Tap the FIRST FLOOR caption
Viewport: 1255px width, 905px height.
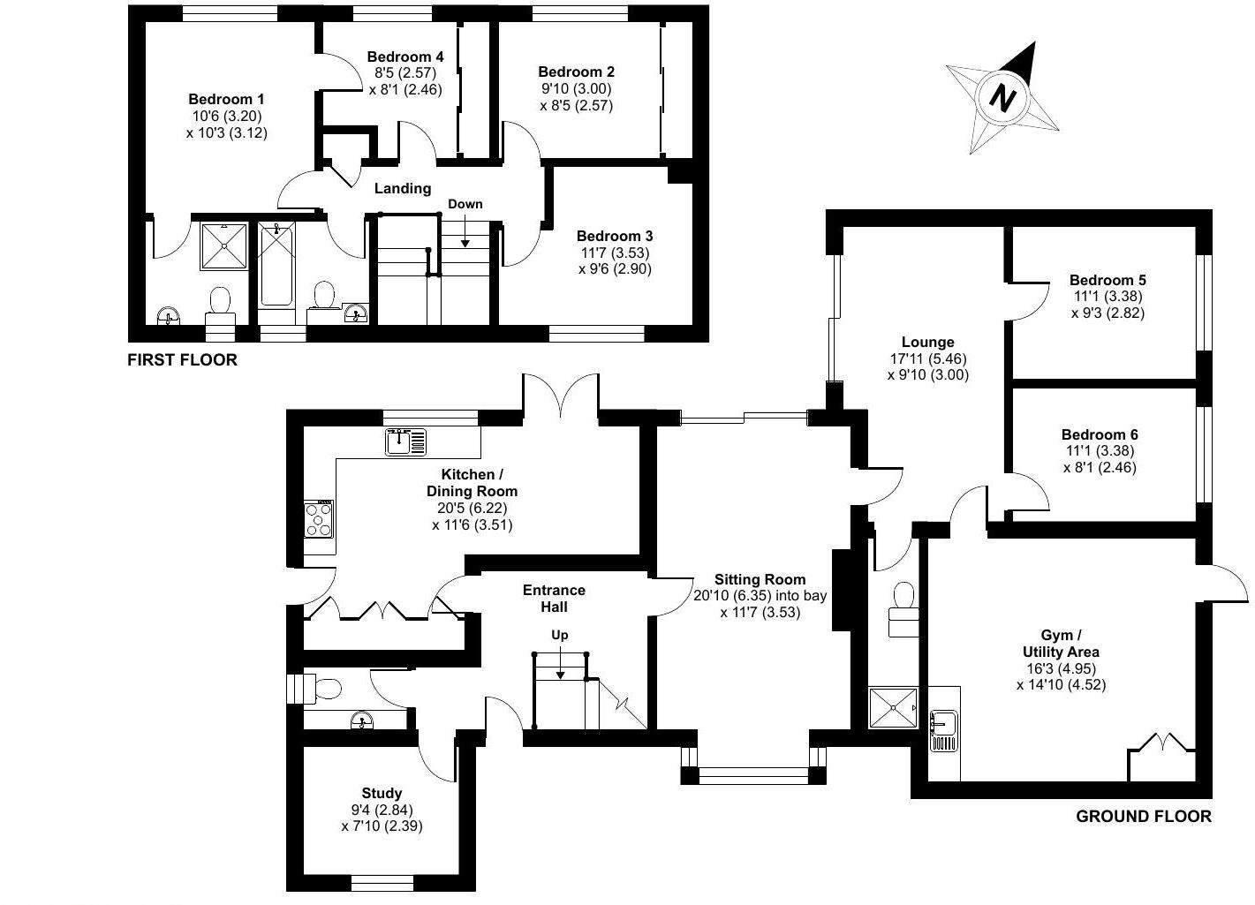coord(183,359)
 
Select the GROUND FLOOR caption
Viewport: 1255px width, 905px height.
coord(1143,817)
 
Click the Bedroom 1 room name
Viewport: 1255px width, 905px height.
coord(226,100)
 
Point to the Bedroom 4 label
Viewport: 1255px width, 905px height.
coord(405,57)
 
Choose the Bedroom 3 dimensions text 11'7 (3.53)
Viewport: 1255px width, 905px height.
coord(614,253)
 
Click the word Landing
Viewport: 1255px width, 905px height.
coord(403,188)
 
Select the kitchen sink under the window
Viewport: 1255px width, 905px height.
coord(405,441)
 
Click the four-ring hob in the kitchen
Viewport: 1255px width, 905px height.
coord(319,519)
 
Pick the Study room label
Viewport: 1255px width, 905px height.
coord(382,793)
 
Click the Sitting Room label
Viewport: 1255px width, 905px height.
coord(760,579)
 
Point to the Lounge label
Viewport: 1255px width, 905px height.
coord(927,342)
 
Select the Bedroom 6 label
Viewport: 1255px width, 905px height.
coord(1100,434)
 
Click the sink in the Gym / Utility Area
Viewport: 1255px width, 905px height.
coord(944,730)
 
